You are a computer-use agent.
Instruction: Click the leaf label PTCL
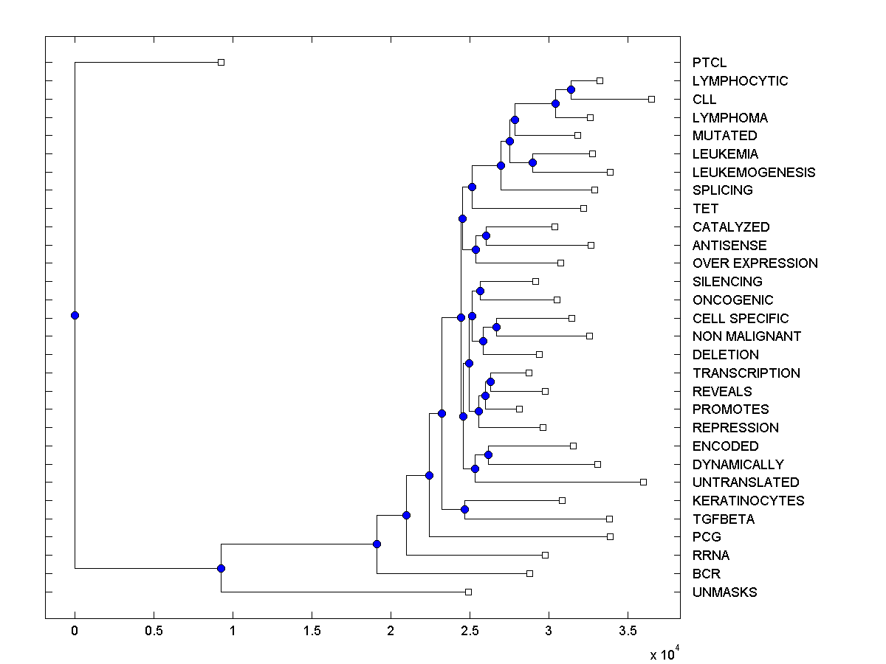pyautogui.click(x=710, y=63)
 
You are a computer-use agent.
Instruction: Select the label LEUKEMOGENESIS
pyautogui.click(x=754, y=173)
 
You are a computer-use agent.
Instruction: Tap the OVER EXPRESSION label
pyautogui.click(x=755, y=263)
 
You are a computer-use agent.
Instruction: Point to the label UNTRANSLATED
pyautogui.click(x=746, y=483)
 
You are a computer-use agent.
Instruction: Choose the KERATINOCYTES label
pyautogui.click(x=748, y=501)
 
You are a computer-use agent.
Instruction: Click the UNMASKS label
pyautogui.click(x=724, y=592)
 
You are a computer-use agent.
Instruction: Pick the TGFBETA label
pyautogui.click(x=724, y=519)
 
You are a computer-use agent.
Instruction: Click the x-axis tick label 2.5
pyautogui.click(x=470, y=631)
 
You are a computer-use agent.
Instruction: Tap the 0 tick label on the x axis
pyautogui.click(x=75, y=631)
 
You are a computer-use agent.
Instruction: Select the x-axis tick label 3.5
pyautogui.click(x=628, y=631)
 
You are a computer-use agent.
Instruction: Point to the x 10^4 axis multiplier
pyautogui.click(x=663, y=654)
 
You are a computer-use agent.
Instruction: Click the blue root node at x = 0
pyautogui.click(x=75, y=315)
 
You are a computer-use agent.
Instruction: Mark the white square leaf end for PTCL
pyautogui.click(x=221, y=62)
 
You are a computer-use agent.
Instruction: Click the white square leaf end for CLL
pyautogui.click(x=651, y=99)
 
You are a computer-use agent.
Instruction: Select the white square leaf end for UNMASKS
pyautogui.click(x=468, y=592)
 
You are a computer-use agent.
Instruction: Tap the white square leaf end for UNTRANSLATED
pyautogui.click(x=643, y=482)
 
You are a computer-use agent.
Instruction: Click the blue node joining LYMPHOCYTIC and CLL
pyautogui.click(x=571, y=89)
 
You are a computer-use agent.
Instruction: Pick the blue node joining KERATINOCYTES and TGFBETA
pyautogui.click(x=464, y=509)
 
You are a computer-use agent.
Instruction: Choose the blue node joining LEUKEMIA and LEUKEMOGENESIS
pyautogui.click(x=532, y=162)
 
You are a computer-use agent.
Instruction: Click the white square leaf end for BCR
pyautogui.click(x=529, y=573)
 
